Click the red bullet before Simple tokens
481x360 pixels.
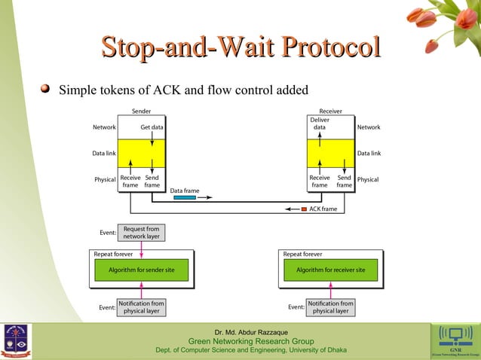coord(45,90)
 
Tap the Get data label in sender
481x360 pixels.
coord(152,127)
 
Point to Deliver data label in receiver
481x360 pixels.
coord(320,124)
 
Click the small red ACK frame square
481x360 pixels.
coord(304,209)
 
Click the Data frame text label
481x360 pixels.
coord(185,191)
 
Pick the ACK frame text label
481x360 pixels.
coord(324,209)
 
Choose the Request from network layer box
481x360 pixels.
coord(141,233)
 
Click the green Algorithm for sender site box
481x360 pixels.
coord(142,270)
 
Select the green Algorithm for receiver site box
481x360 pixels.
coord(330,270)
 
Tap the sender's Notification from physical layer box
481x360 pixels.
coord(141,307)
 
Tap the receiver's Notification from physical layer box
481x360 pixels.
coord(330,307)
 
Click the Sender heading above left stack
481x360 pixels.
coord(141,111)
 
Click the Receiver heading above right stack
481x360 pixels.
coord(330,111)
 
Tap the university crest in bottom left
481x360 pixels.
coord(17,340)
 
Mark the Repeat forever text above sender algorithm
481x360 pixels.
coord(114,254)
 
